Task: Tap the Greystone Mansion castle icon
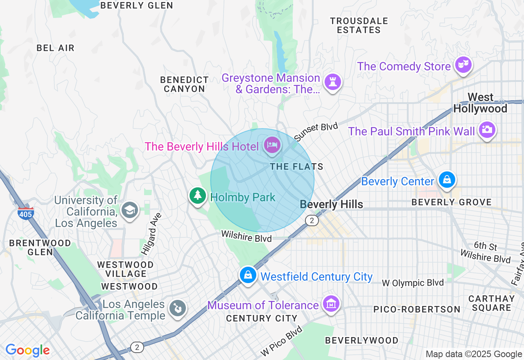(332, 82)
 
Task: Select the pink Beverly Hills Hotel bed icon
(272, 145)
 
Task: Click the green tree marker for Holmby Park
(198, 195)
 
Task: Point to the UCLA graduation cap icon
(130, 210)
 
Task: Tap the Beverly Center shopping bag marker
(447, 180)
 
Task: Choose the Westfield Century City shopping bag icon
(248, 275)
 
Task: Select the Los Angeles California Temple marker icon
(178, 308)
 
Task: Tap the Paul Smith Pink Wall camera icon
(487, 130)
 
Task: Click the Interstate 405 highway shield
(25, 213)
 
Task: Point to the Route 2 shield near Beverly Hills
(312, 221)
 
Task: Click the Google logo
(27, 350)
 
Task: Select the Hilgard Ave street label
(151, 234)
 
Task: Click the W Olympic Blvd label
(412, 283)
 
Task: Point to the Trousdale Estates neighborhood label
(359, 25)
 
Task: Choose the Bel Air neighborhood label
(56, 48)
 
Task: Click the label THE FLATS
(296, 166)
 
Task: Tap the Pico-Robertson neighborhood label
(417, 309)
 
